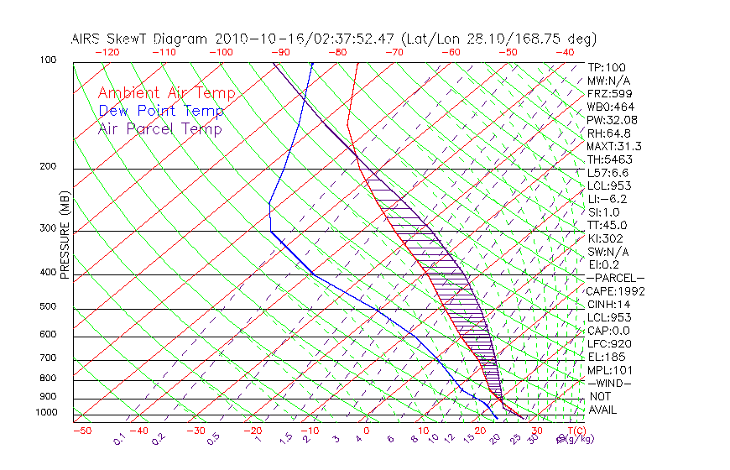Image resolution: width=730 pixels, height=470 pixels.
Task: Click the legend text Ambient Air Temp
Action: click(166, 93)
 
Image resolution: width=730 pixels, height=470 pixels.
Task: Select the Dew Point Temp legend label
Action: click(161, 111)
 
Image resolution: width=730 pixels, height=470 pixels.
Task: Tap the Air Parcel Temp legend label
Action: click(159, 128)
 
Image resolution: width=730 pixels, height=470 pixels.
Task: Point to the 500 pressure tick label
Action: click(48, 306)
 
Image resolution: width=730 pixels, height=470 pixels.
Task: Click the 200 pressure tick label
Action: click(48, 166)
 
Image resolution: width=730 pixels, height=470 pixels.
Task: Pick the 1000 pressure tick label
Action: click(46, 412)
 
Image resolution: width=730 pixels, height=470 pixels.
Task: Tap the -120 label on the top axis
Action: click(107, 52)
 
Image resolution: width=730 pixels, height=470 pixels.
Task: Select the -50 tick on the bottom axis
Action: click(81, 431)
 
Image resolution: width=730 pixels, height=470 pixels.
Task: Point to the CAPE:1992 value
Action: click(613, 291)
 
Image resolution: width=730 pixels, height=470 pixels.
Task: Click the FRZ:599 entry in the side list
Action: click(609, 93)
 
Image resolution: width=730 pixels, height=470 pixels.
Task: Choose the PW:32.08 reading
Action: click(613, 120)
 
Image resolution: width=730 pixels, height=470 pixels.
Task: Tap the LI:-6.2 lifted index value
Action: click(607, 199)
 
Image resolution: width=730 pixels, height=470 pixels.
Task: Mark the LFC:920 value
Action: click(608, 343)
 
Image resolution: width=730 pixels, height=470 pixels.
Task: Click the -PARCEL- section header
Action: click(615, 278)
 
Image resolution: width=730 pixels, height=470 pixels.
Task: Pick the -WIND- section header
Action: click(610, 383)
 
